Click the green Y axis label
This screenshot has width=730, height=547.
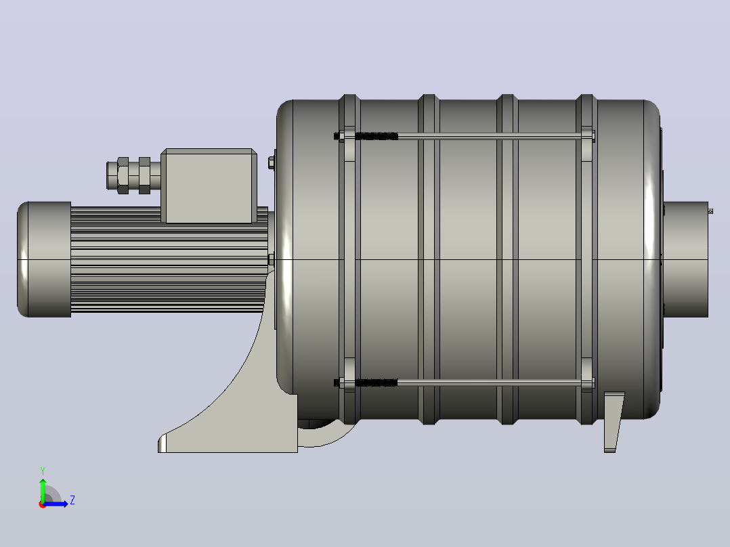(43, 471)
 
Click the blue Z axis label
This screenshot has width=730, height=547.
(72, 500)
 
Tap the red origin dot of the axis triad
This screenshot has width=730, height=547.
(43, 504)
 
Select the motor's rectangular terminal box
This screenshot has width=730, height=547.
(209, 185)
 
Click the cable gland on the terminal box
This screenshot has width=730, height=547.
(133, 175)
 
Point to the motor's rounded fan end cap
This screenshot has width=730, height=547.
(44, 259)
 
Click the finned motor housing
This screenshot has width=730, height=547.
(169, 259)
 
